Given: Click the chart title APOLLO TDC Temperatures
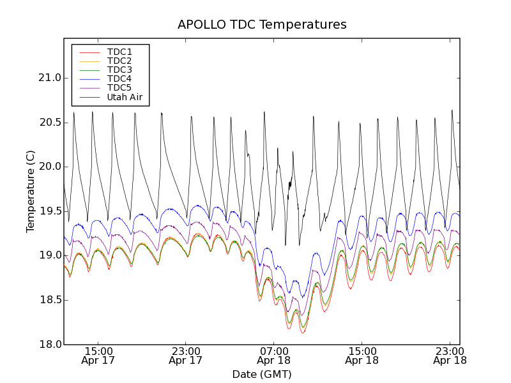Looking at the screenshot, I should [262, 25].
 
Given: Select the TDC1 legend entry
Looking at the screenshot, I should [119, 52].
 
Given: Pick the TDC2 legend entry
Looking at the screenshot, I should [119, 61].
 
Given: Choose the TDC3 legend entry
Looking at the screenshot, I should [119, 70].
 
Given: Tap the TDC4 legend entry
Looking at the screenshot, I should [119, 79].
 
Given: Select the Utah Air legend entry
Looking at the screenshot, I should [125, 97].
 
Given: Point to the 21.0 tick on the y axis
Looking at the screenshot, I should [49, 78].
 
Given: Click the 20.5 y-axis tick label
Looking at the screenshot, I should [49, 123].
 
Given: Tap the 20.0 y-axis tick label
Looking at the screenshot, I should [49, 167].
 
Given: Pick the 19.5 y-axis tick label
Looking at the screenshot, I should [49, 211].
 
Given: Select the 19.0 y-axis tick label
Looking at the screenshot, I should [49, 255].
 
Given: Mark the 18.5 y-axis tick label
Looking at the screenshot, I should [49, 300].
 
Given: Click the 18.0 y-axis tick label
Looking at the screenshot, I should [49, 345].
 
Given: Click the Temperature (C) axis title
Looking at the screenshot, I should [31, 191].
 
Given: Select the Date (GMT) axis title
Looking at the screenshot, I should [262, 374].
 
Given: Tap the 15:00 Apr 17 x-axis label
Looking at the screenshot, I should [98, 356].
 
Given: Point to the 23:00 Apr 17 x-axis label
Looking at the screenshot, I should [186, 356].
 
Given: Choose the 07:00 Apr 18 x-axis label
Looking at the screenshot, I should [273, 356].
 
